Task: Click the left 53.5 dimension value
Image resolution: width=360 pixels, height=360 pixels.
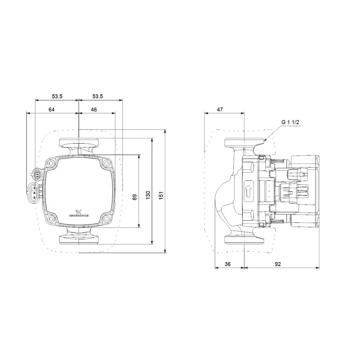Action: coord(57,96)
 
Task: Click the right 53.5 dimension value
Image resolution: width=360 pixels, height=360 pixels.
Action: coord(98,96)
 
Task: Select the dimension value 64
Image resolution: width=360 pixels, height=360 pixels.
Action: coord(51,110)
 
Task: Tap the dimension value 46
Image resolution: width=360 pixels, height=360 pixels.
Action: coord(94,110)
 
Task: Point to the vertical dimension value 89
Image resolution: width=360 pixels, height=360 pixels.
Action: coord(134,197)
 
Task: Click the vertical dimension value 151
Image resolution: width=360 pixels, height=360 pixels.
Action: coord(161,195)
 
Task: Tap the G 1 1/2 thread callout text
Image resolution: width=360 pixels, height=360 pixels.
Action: coord(290,122)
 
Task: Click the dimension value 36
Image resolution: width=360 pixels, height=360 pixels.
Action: coord(228,264)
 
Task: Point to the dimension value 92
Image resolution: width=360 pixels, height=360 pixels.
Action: coord(278,264)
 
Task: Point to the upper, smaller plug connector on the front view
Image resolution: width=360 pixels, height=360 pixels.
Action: coord(37,174)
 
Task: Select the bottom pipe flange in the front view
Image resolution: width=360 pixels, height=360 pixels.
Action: coord(78,239)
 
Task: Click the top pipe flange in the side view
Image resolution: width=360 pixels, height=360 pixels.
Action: coord(244,142)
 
